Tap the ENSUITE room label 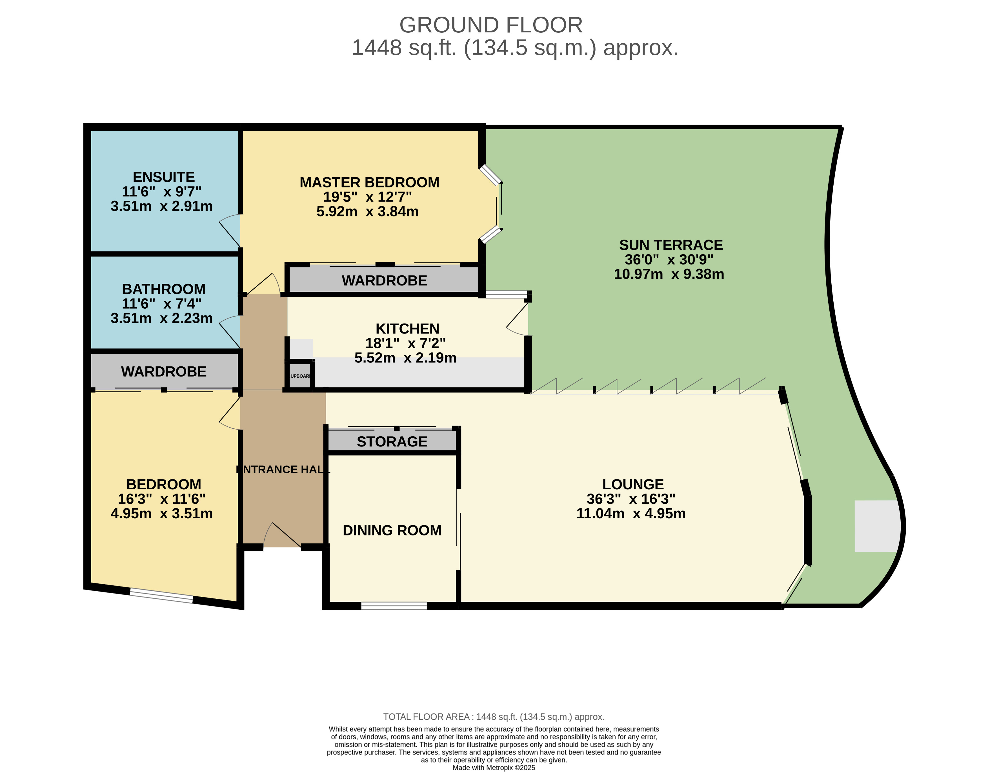[163, 177]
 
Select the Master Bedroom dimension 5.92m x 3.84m [367, 211]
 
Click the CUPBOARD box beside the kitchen [299, 376]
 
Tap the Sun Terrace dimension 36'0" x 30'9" [669, 259]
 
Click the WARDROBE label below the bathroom [163, 371]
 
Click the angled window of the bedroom [161, 595]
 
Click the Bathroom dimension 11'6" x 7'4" [161, 303]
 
